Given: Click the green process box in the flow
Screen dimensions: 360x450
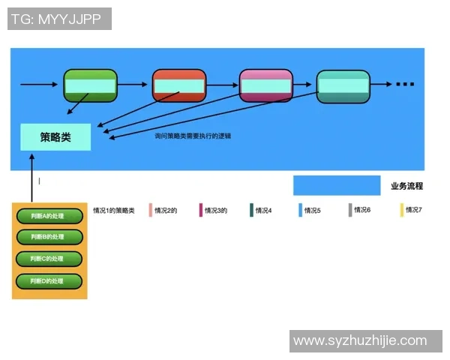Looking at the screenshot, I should click(91, 85).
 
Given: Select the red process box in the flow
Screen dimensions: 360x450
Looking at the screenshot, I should click(178, 85).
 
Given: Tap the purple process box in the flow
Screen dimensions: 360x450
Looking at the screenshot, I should click(265, 85).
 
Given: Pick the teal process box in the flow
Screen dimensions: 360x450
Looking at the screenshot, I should click(343, 86).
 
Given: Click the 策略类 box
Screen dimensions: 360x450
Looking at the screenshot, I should click(55, 137).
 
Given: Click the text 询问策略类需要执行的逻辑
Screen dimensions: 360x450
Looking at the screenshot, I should click(193, 136).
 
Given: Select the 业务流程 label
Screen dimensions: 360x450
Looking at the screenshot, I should click(406, 186).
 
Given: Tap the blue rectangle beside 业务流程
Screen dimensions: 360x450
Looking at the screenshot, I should click(336, 185).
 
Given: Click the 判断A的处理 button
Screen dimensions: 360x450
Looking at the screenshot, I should click(49, 216).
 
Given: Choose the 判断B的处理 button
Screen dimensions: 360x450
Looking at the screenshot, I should click(49, 237).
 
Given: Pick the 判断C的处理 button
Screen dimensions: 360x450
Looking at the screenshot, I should click(49, 259).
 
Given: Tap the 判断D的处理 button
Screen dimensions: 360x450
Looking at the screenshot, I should click(49, 281).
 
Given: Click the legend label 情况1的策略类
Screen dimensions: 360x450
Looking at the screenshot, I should click(114, 211).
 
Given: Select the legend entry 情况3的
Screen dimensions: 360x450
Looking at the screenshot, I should click(216, 211).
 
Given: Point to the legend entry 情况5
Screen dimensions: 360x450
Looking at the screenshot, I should click(312, 211).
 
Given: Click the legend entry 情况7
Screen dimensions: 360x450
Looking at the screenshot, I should click(413, 211).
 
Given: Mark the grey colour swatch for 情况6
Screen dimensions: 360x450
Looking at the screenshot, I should click(350, 211).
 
